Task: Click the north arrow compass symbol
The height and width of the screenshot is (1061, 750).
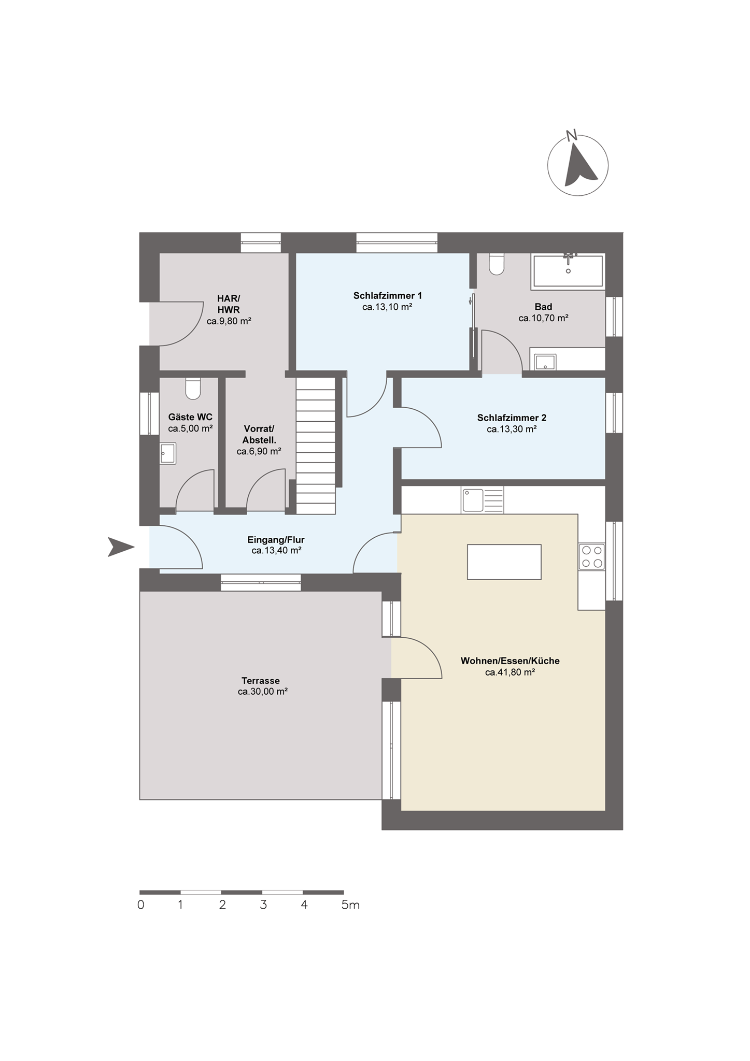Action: click(x=577, y=165)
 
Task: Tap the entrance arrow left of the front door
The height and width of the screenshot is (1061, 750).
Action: click(x=121, y=547)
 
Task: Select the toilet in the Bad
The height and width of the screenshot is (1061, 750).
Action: click(x=496, y=264)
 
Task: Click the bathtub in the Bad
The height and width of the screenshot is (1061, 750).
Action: click(x=568, y=271)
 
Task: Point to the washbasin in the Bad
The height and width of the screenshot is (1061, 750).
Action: click(x=545, y=362)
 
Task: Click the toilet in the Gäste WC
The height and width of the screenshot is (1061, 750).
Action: click(x=193, y=389)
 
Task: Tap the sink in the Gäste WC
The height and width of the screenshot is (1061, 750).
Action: click(x=168, y=453)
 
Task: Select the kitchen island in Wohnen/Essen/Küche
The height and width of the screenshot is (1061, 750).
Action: click(x=504, y=562)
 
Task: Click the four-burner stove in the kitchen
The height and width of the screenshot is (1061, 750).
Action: click(x=592, y=556)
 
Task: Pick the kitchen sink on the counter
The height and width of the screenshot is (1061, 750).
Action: click(x=482, y=500)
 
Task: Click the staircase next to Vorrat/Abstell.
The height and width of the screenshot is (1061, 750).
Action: click(x=316, y=446)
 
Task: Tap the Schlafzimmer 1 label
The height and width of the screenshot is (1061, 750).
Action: click(x=387, y=296)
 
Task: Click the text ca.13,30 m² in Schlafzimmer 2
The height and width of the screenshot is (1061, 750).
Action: click(x=512, y=429)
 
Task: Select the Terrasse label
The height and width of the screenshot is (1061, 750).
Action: click(x=261, y=681)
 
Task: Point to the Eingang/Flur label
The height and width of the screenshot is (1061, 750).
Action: click(x=276, y=540)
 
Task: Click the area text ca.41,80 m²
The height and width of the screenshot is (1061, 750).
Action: click(x=510, y=672)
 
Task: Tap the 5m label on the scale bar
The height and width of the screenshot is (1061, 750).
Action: click(x=350, y=906)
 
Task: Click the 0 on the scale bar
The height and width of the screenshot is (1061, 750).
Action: click(x=140, y=906)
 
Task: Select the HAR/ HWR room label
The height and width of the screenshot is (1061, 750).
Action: click(x=229, y=304)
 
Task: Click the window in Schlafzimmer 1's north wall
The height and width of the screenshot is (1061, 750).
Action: click(x=397, y=242)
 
